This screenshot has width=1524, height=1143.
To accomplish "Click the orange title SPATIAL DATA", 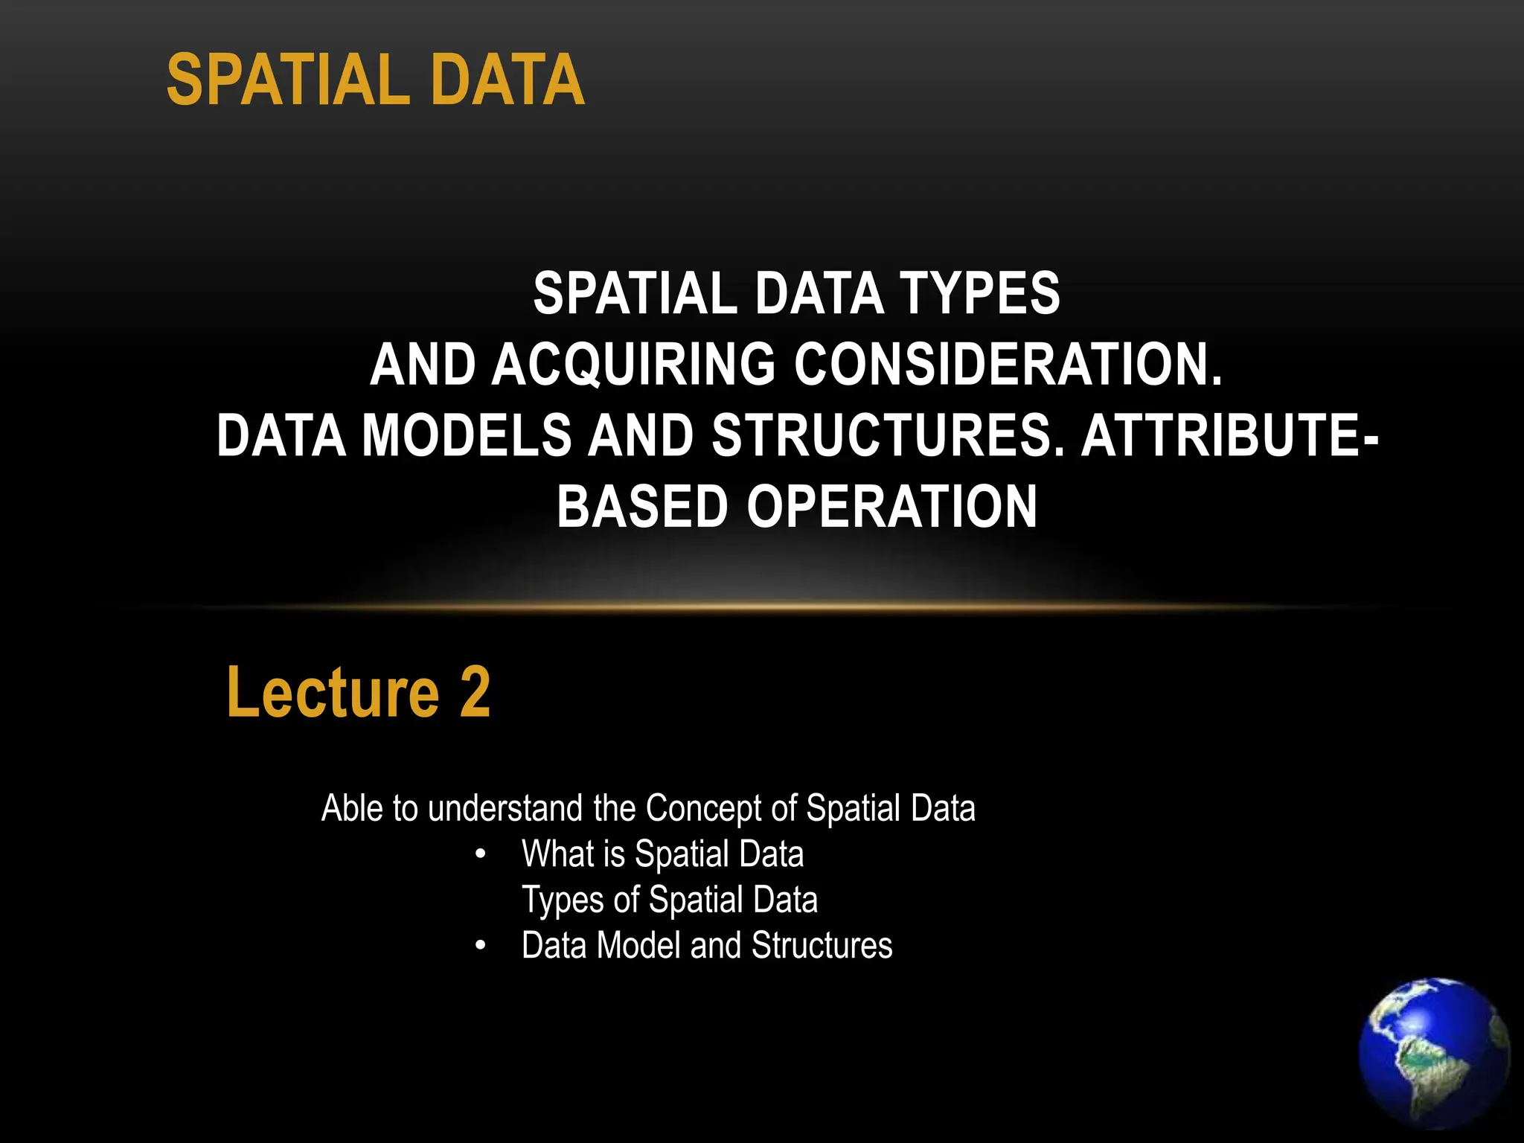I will [375, 80].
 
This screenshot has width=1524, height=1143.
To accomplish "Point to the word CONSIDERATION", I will [1008, 365].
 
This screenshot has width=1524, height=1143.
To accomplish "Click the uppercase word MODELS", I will [467, 436].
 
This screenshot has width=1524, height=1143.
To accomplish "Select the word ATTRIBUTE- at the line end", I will [1229, 436].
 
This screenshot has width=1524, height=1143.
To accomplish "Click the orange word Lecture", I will [333, 693].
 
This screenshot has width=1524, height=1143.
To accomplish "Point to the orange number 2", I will [475, 693].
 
